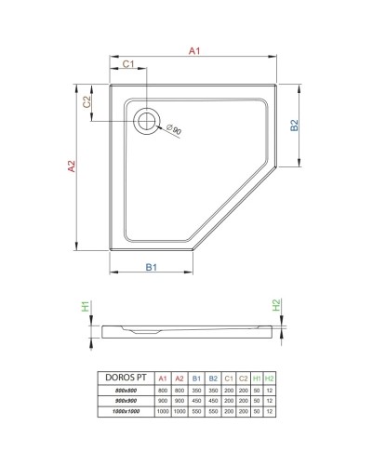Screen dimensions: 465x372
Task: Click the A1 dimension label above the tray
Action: pyautogui.click(x=195, y=52)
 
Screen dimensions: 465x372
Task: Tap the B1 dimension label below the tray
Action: pyautogui.click(x=151, y=269)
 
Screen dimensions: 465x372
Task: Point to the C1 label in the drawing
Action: pyautogui.click(x=128, y=63)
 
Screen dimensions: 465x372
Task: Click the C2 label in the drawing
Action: pyautogui.click(x=86, y=103)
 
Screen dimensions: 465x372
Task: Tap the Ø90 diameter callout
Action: pyautogui.click(x=174, y=129)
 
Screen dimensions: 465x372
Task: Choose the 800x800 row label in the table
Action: pyautogui.click(x=125, y=389)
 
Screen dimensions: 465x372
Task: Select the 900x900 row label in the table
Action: pyautogui.click(x=125, y=399)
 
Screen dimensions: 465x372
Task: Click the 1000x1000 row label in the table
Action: pyautogui.click(x=125, y=409)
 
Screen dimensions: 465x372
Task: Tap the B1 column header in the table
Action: pyautogui.click(x=196, y=377)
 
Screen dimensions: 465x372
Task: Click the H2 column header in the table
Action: pyautogui.click(x=269, y=377)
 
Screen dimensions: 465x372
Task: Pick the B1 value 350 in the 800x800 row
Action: pyautogui.click(x=196, y=389)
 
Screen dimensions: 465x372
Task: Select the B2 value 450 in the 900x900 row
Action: pyautogui.click(x=213, y=399)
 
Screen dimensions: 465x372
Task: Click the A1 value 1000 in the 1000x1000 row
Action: pyautogui.click(x=163, y=409)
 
